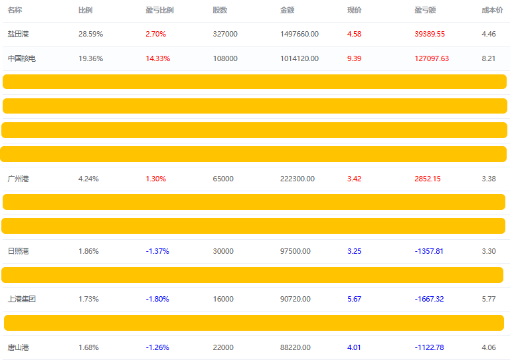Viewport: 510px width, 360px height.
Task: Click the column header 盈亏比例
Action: (x=159, y=11)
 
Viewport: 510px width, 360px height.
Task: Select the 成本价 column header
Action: (x=492, y=11)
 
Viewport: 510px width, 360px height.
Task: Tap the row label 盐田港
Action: (x=19, y=34)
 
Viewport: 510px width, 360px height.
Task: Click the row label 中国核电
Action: (x=22, y=58)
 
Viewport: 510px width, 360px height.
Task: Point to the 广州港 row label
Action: (x=19, y=179)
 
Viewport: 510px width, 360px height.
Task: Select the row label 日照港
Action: (x=19, y=251)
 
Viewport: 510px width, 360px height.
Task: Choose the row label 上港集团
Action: (x=22, y=299)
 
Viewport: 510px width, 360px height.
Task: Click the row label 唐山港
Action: (x=19, y=347)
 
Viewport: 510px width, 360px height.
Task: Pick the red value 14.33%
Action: (x=157, y=58)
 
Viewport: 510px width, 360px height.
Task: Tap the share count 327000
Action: (x=225, y=34)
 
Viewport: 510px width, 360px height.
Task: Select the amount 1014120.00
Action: (x=299, y=58)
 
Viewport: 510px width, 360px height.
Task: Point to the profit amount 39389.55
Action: (x=430, y=34)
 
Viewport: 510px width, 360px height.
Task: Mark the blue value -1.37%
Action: (x=157, y=251)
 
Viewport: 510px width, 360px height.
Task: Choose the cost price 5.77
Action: (x=489, y=299)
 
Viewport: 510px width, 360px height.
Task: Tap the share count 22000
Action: (x=223, y=347)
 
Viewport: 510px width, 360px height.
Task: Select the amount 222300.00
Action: (x=297, y=179)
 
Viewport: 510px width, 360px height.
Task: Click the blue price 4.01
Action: (x=355, y=347)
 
